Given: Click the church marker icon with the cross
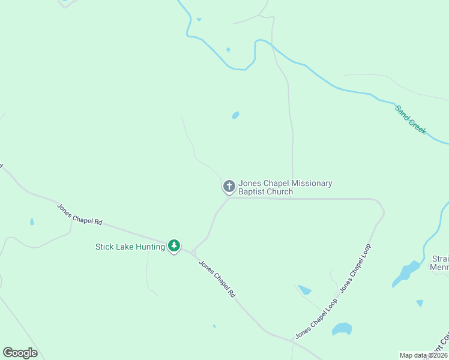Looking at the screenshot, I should (229, 186).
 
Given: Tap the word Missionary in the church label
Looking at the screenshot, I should (310, 184).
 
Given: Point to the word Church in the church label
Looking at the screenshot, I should (280, 192).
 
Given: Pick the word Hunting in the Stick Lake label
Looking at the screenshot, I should (150, 247).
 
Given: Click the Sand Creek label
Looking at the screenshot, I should (411, 120).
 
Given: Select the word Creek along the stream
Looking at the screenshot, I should (418, 126).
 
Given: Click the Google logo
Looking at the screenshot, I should (20, 353).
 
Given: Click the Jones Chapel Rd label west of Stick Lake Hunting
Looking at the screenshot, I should (80, 214).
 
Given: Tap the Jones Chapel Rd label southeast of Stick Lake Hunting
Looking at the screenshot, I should (217, 279).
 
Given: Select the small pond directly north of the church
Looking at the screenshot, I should (235, 115).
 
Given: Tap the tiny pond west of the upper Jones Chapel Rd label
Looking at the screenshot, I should (32, 221).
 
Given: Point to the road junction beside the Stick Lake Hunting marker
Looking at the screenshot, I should (193, 252).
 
